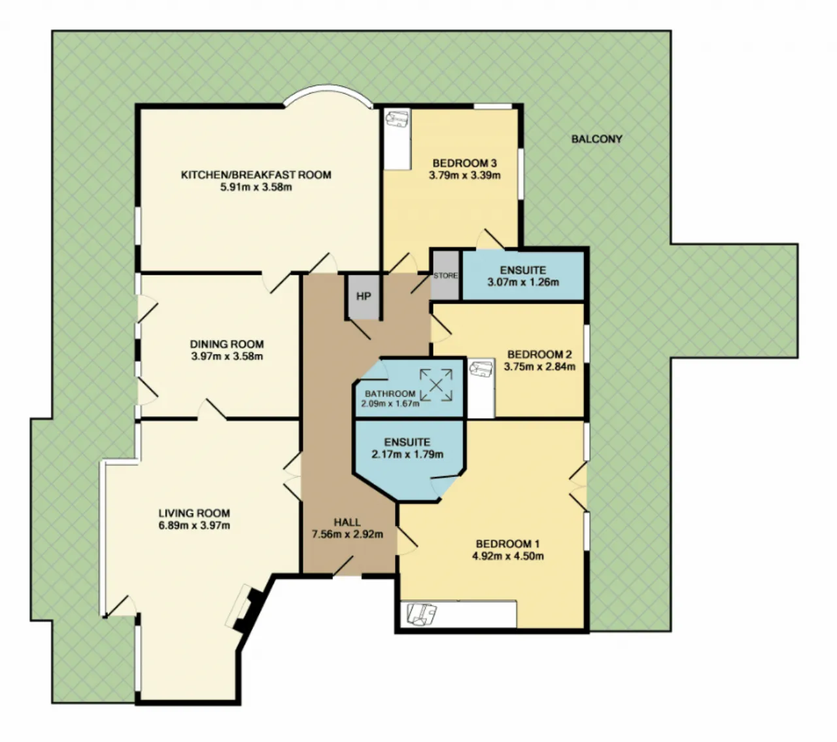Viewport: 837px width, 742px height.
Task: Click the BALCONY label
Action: pos(596,139)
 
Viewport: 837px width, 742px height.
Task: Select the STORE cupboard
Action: pos(445,275)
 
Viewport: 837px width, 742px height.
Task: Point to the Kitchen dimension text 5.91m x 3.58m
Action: pos(256,187)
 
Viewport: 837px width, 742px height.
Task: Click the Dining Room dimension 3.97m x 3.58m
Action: pos(227,356)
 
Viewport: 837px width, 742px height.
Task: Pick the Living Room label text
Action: pos(194,513)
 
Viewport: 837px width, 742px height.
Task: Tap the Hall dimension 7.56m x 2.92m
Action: pos(347,534)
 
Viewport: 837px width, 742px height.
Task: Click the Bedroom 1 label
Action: pos(507,544)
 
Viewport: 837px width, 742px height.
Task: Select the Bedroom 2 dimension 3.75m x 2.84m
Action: pos(539,366)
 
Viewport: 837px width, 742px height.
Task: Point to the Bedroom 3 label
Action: pos(464,162)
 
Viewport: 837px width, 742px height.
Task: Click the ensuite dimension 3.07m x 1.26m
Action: pos(523,282)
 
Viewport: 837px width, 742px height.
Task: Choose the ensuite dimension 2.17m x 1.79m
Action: pos(407,454)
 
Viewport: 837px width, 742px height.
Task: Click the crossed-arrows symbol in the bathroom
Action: pos(436,385)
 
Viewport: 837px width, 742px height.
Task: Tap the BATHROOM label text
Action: pos(390,393)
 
